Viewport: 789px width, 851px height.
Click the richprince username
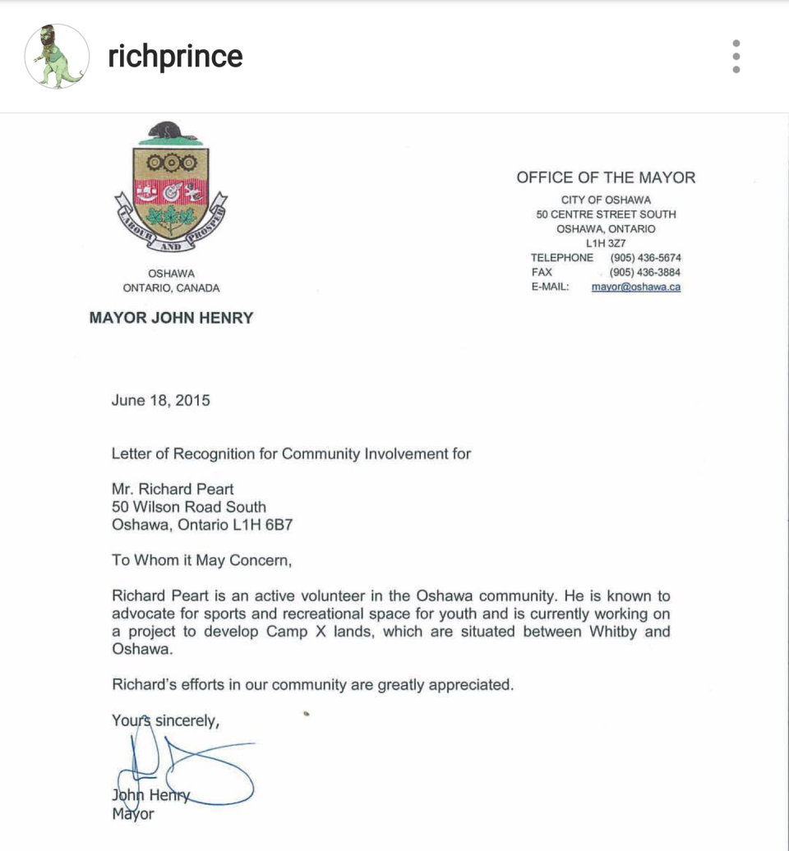(x=175, y=56)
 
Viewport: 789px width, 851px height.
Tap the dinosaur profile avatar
(x=57, y=56)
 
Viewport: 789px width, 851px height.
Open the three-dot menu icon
(x=736, y=56)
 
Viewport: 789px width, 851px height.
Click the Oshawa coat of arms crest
(x=171, y=189)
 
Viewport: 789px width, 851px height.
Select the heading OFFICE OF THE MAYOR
(x=606, y=177)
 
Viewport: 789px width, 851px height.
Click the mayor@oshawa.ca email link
(x=635, y=287)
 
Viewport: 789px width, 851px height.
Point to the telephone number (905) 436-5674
(x=645, y=258)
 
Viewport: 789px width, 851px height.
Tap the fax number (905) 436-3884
(x=645, y=273)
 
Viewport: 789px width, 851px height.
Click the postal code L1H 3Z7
(x=606, y=243)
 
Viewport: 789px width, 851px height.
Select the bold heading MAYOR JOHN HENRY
(x=171, y=318)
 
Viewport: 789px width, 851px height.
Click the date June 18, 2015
(x=160, y=401)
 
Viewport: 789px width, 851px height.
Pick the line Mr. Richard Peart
(x=173, y=490)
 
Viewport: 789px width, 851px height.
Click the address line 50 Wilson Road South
(x=188, y=508)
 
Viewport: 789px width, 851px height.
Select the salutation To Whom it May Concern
(x=201, y=560)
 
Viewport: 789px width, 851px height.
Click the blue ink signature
(x=185, y=768)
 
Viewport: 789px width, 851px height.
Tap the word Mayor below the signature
(x=132, y=815)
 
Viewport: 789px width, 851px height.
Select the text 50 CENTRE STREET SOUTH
(x=606, y=214)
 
